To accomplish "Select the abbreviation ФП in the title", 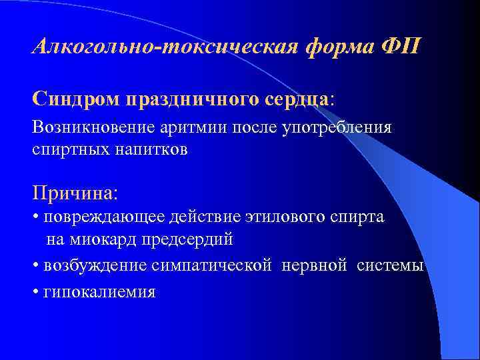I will [x=403, y=47].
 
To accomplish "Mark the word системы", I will [x=389, y=266].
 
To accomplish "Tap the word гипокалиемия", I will [x=99, y=293].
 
